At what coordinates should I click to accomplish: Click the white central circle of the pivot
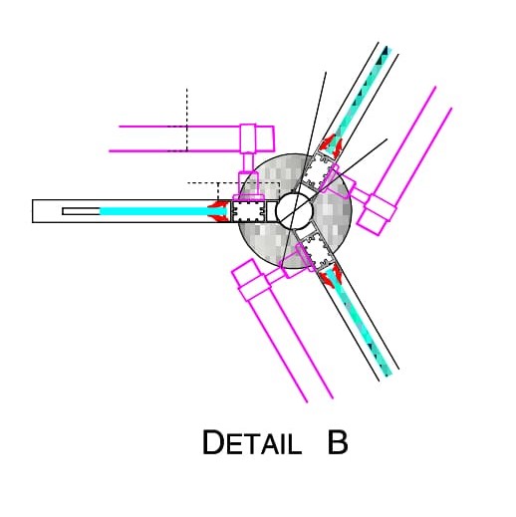pyautogui.click(x=294, y=211)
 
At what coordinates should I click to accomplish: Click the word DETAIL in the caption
pyautogui.click(x=252, y=442)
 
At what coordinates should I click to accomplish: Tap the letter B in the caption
pyautogui.click(x=338, y=442)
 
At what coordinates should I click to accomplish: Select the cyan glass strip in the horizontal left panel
pyautogui.click(x=163, y=211)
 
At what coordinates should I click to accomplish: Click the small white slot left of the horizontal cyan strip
pyautogui.click(x=81, y=211)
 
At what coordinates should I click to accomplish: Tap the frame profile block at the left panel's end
pyautogui.click(x=248, y=211)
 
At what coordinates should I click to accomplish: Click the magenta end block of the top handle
pyautogui.click(x=257, y=138)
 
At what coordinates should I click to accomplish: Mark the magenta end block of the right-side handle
pyautogui.click(x=377, y=215)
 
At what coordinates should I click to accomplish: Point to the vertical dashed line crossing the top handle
pyautogui.click(x=187, y=120)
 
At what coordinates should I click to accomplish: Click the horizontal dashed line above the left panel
pyautogui.click(x=233, y=182)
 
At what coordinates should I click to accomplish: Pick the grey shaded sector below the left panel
pyautogui.click(x=262, y=242)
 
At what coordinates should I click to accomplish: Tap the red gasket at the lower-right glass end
pyautogui.click(x=331, y=274)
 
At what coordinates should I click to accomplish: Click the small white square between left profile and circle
pyautogui.click(x=271, y=211)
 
